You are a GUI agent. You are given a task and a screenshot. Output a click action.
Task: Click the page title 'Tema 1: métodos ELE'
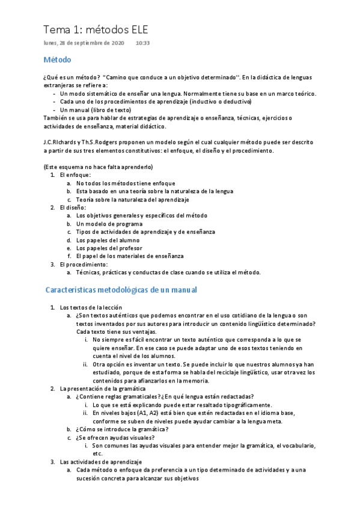click(x=96, y=29)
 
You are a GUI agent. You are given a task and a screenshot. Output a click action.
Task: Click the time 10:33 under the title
click(x=143, y=43)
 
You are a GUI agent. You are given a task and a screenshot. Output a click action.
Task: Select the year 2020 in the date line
click(x=118, y=43)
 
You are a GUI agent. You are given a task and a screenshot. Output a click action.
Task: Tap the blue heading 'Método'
click(x=58, y=60)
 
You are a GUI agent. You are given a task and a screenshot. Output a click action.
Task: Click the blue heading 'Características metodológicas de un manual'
click(x=121, y=290)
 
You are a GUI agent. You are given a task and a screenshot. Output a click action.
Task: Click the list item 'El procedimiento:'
click(x=84, y=264)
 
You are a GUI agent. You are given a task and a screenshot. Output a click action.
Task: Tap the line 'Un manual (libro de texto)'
click(x=96, y=110)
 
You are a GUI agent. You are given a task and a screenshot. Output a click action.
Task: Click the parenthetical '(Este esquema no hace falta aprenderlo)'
click(x=98, y=167)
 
